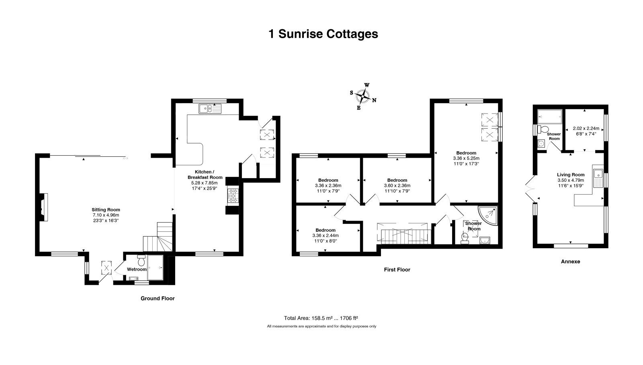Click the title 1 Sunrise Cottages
coord(323,34)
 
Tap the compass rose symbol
coord(362,96)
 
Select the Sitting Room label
coord(106,210)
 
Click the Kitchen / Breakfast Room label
coord(205,174)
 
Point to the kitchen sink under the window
coord(210,109)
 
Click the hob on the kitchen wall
coord(233,196)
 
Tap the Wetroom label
coord(137,269)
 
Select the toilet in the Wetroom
coord(141,260)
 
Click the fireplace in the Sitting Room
coord(44,207)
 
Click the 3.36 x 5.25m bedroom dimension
coord(466,158)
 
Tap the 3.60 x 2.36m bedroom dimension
coord(397,185)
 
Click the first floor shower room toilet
coord(465,238)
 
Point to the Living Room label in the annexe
coord(571,175)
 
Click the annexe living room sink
coord(598,176)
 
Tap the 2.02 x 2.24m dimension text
coord(586,128)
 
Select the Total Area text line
coord(321,318)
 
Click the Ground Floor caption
coord(158,298)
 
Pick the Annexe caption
coord(570,262)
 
